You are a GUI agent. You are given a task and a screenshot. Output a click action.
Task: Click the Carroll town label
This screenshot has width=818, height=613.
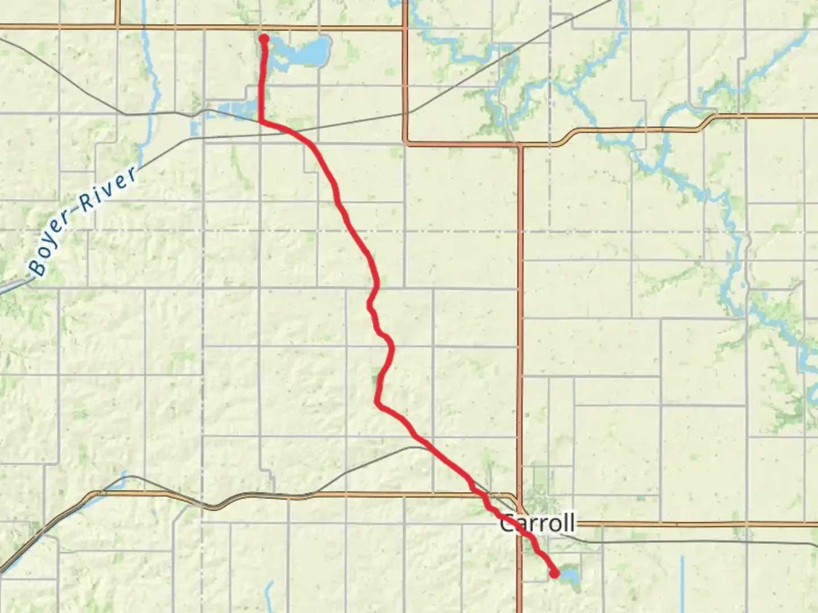click(x=537, y=523)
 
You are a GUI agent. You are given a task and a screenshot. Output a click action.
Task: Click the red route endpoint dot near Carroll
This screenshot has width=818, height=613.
click(x=554, y=574)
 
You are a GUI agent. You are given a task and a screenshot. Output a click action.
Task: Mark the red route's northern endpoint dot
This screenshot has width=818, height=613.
click(x=264, y=39)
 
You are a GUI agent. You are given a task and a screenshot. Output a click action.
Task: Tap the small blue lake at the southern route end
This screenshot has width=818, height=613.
click(x=568, y=577)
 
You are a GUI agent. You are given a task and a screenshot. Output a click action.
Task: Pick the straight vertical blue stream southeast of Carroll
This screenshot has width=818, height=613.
click(x=682, y=585)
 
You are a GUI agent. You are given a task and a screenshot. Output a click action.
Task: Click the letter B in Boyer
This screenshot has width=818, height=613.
click(x=38, y=267)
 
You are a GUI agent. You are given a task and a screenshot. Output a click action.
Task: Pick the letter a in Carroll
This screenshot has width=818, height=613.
click(x=522, y=524)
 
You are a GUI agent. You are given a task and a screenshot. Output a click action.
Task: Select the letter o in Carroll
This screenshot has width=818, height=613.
click(x=553, y=524)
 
